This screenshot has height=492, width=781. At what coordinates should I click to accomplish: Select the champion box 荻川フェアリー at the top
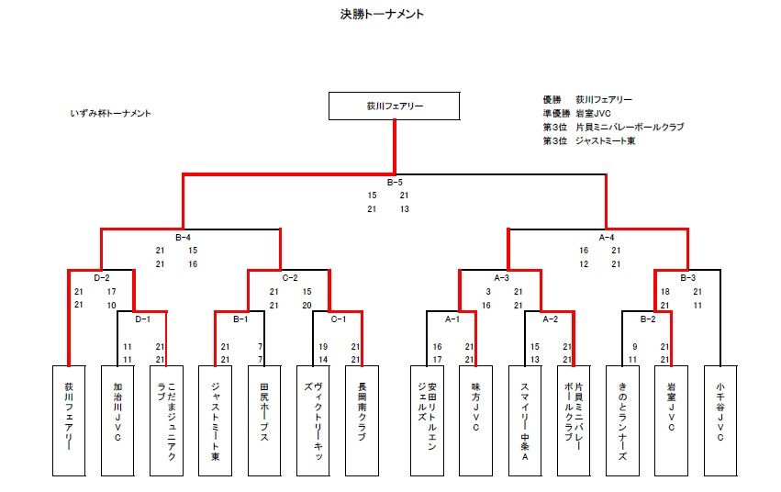[x=395, y=106]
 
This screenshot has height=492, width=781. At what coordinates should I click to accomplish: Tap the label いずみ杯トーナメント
[x=110, y=114]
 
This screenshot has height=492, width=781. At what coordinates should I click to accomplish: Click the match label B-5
[x=395, y=182]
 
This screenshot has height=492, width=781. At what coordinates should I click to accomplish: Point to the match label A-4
[x=607, y=237]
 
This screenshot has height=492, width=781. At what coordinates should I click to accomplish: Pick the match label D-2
[x=102, y=276]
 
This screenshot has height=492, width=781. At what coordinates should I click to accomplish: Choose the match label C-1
[x=339, y=319]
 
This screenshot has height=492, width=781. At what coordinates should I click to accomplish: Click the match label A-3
[x=501, y=276]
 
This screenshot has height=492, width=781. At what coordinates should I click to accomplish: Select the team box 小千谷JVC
[x=720, y=419]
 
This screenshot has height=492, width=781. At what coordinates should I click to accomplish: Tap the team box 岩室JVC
[x=671, y=419]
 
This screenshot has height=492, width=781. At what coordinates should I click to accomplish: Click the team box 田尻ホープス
[x=264, y=419]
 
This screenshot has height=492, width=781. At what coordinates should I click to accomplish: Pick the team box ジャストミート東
[x=215, y=419]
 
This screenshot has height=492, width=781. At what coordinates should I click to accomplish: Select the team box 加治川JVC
[x=117, y=419]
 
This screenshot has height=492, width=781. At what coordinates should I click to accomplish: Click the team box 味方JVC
[x=475, y=419]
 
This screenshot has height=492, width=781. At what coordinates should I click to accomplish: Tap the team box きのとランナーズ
[x=622, y=419]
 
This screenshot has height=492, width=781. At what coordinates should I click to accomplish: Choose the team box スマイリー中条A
[x=525, y=419]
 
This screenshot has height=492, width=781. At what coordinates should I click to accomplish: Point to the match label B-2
[x=648, y=319]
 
